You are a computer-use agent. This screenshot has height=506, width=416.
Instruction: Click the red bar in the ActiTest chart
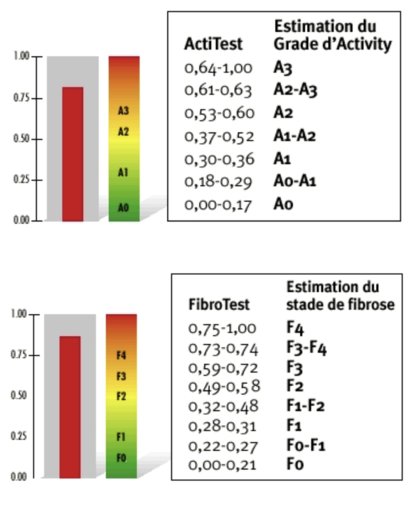(x=73, y=153)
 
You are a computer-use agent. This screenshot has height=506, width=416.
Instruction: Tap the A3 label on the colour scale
(x=123, y=111)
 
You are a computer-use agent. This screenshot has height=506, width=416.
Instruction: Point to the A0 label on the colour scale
(x=123, y=208)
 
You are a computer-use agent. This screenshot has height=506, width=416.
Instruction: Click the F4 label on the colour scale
(x=120, y=354)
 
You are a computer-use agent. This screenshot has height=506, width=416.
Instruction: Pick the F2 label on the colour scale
(x=120, y=396)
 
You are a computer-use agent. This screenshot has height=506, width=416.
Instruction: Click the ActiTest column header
(x=213, y=44)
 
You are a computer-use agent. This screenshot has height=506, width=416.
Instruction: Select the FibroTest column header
(x=219, y=304)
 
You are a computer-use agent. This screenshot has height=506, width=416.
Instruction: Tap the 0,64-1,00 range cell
(x=218, y=69)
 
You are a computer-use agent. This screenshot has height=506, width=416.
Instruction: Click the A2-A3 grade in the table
(x=295, y=90)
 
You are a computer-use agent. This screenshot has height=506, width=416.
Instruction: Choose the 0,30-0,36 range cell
(x=218, y=158)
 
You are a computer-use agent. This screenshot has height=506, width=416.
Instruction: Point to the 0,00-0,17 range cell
(x=218, y=204)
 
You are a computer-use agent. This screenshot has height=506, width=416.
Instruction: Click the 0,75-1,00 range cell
(x=220, y=329)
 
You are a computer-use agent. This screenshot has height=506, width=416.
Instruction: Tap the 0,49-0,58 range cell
(x=220, y=386)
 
